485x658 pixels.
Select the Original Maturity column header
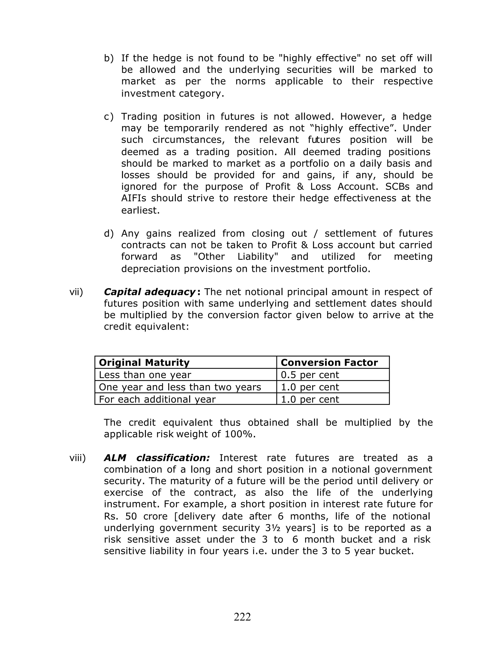144,363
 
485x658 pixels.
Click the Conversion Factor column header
329,363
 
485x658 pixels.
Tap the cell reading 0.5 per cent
310,375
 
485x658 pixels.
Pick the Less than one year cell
145,375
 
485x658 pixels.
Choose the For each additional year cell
157,399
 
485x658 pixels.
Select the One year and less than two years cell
180,387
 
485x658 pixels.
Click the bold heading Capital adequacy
149,292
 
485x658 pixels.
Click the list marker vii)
76,292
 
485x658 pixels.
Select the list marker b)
109,58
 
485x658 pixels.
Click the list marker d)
109,233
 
